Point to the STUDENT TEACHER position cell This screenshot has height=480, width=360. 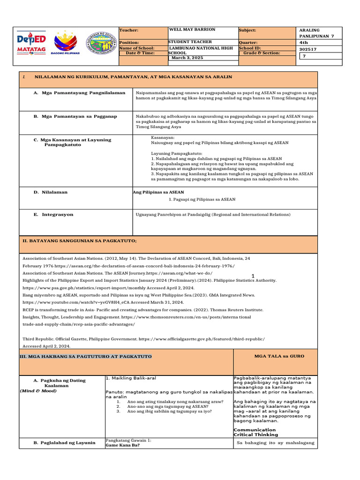coord(190,42)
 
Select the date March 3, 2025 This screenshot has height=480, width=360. coord(187,58)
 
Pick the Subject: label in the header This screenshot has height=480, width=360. coord(247,30)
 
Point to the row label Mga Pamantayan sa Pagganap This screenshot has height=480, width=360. coord(75,116)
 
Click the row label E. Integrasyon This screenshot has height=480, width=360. coord(53,214)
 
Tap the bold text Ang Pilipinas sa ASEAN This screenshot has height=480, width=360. coord(158,192)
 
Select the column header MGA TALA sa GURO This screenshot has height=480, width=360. coord(279,356)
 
